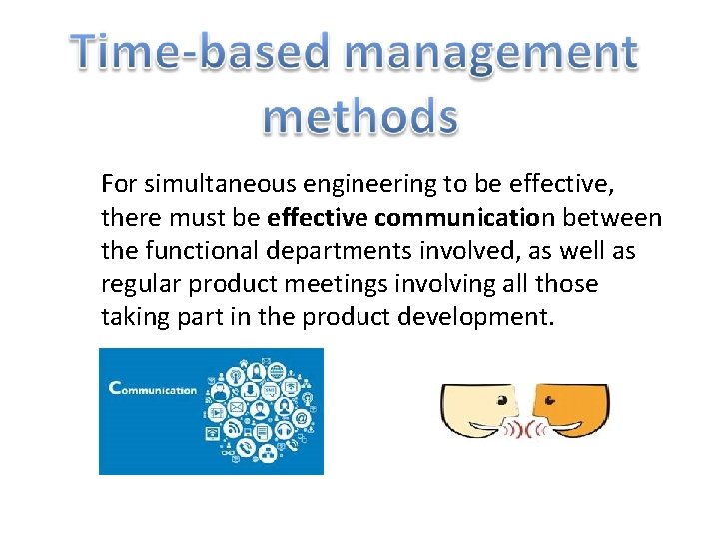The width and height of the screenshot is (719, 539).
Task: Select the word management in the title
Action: (483, 53)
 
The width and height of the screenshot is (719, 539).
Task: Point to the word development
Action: (463, 318)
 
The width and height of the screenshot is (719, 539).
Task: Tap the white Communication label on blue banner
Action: (152, 390)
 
